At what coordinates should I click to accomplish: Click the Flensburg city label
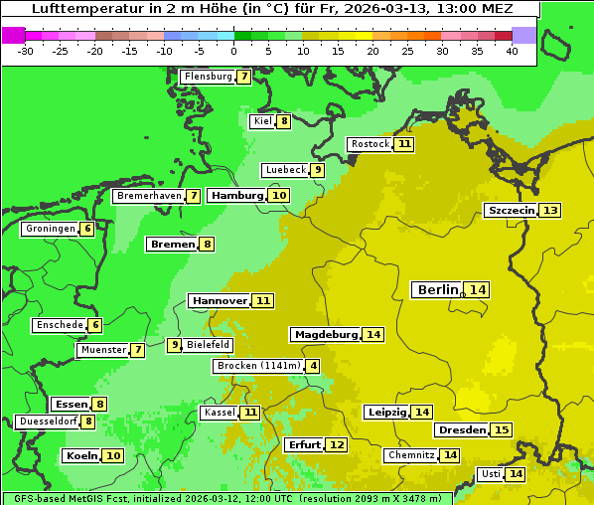point(208,77)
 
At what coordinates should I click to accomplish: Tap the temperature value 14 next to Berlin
point(478,290)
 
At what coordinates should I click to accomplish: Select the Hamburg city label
point(237,196)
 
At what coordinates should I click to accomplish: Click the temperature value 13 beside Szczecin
point(549,211)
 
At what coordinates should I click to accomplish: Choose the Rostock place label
point(371,144)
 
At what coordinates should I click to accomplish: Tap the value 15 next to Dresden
point(502,430)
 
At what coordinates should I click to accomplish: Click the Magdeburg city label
point(325,335)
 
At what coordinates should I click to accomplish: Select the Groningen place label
point(50,229)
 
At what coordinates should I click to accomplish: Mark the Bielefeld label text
point(209,345)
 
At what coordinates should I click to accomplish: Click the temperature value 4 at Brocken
point(314,366)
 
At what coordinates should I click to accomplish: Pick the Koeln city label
point(81,456)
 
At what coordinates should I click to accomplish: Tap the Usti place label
point(490,474)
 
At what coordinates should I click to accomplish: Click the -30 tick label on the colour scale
point(26,51)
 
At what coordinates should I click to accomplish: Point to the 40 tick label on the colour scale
point(512,51)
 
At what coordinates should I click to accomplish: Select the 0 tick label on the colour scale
point(234,51)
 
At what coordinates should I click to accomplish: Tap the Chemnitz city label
point(411,455)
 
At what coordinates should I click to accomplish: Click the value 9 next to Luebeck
point(318,170)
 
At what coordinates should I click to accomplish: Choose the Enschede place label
point(59,325)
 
